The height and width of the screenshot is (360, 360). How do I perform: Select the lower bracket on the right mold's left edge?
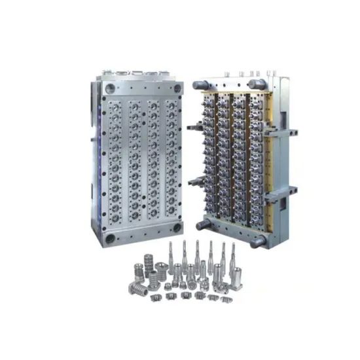click(x=192, y=181)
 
